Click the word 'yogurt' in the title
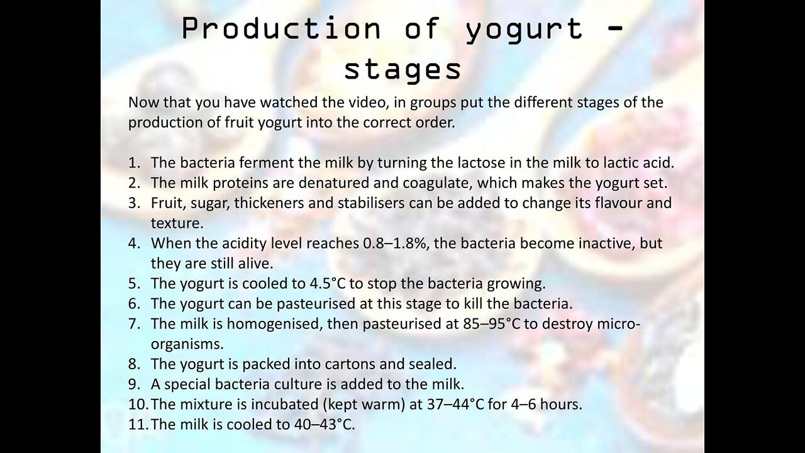click(525, 30)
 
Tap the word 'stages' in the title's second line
click(402, 70)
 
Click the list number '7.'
click(134, 324)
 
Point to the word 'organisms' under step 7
click(187, 345)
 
